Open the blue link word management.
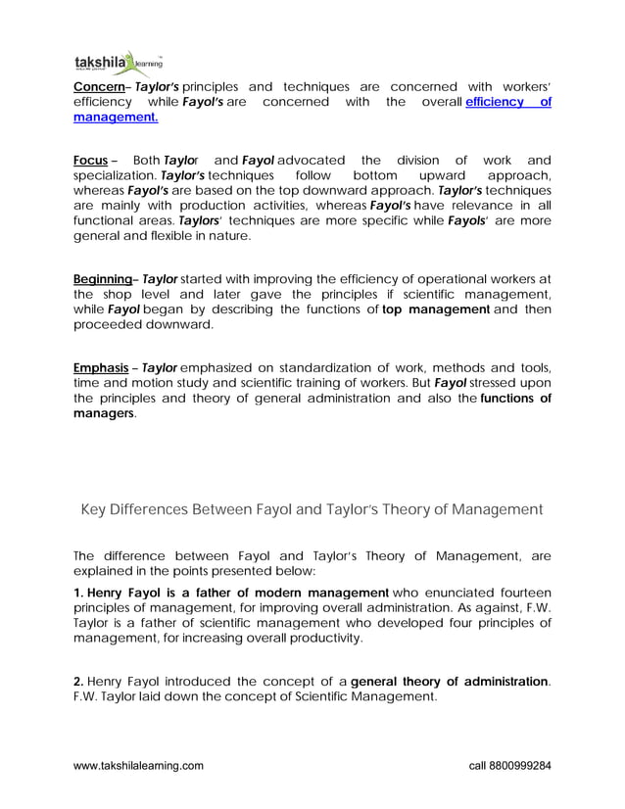click(x=116, y=118)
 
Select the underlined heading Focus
click(x=90, y=160)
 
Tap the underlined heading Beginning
click(x=103, y=278)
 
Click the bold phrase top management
click(x=436, y=309)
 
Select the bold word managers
click(x=104, y=413)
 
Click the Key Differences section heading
click(x=310, y=509)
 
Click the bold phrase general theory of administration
click(x=450, y=682)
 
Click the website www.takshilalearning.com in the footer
click(x=139, y=765)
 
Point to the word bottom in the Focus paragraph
click(x=374, y=175)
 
